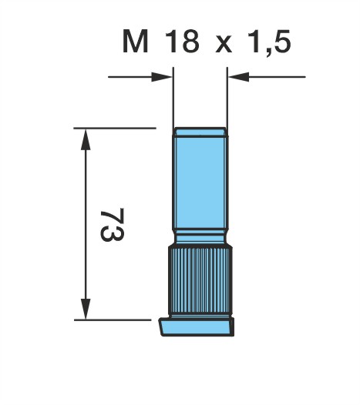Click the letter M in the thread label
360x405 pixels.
[136, 42]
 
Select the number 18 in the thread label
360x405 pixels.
[183, 42]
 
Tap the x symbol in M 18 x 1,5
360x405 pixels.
[224, 45]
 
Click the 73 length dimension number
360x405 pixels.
[113, 225]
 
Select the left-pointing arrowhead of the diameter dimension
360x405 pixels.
[239, 77]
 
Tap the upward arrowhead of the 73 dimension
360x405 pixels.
[86, 139]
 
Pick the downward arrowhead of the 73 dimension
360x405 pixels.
[86, 309]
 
